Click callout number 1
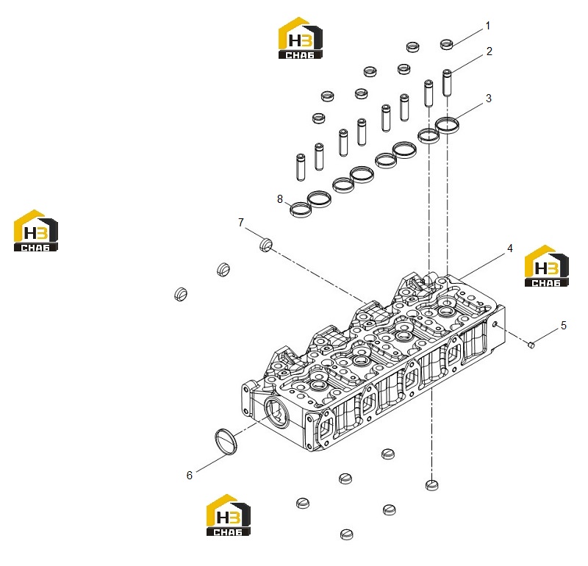click(x=488, y=26)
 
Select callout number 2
click(x=489, y=51)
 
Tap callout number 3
click(x=489, y=98)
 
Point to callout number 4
click(x=510, y=248)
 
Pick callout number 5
click(x=564, y=326)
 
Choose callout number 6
click(x=190, y=476)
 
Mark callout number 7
click(x=241, y=223)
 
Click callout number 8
click(x=280, y=199)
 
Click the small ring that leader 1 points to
click(x=447, y=44)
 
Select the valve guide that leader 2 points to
click(x=447, y=82)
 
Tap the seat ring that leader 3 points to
click(x=447, y=125)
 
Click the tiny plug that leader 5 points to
click(x=531, y=344)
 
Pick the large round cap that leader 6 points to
click(x=226, y=442)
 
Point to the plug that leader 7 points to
click(x=266, y=245)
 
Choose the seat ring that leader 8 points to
click(x=301, y=209)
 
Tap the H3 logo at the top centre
click(x=300, y=38)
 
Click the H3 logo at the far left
click(x=35, y=230)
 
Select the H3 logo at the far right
click(x=546, y=266)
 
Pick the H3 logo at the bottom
click(x=229, y=515)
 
